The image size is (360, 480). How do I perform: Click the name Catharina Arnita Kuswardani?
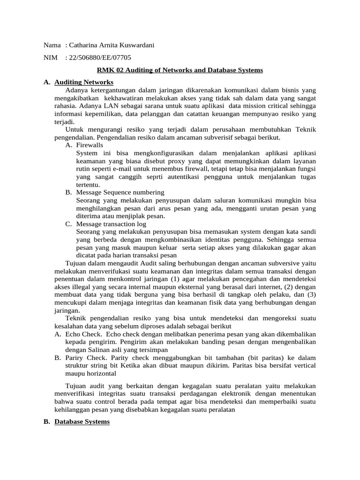click(x=111, y=45)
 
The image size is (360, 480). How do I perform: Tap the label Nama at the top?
click(x=52, y=45)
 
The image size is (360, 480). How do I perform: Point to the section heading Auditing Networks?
click(x=84, y=82)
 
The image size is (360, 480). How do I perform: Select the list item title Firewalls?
click(x=90, y=145)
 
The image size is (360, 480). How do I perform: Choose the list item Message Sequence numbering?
click(x=120, y=192)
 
